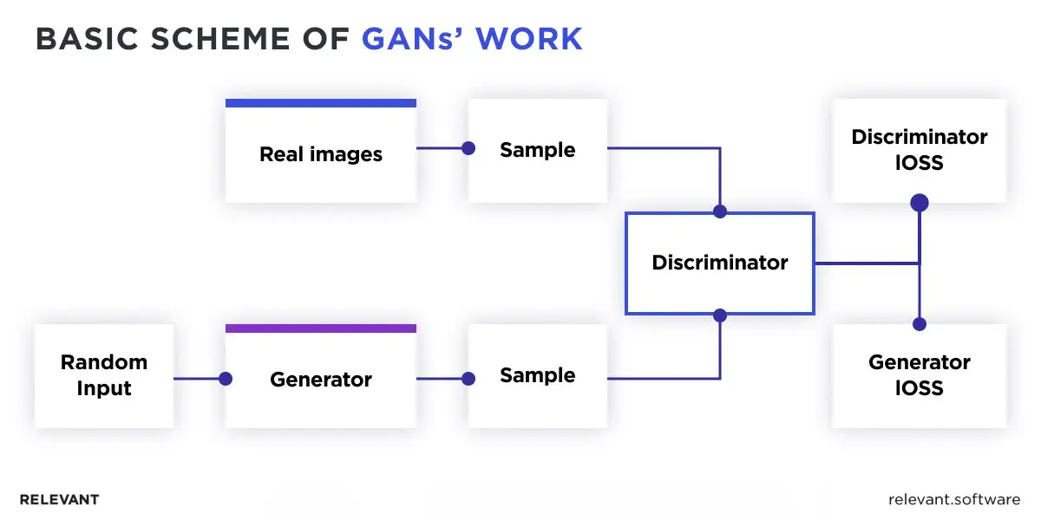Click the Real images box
coord(321,154)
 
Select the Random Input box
coord(104,375)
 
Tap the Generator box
coord(321,380)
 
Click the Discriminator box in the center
coord(720,263)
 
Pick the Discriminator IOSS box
coord(920,150)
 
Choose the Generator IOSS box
coord(920,375)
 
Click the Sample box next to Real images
coord(538,150)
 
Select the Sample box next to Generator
coord(538,375)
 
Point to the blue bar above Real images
coord(321,103)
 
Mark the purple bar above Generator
coord(321,328)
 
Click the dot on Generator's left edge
coord(226,379)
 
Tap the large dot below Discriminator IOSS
coord(920,203)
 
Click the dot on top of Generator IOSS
coord(920,324)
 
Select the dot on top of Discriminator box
coord(719,211)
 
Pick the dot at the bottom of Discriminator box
coord(719,315)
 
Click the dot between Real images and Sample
coord(468,148)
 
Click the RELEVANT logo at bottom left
coord(59,500)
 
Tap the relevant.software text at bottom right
coord(954,500)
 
